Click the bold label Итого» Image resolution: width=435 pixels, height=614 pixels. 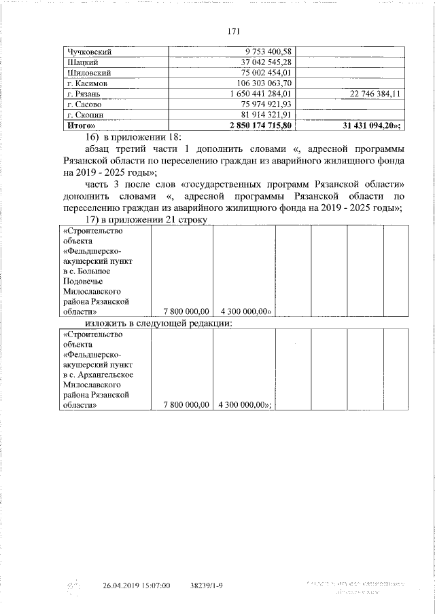coord(80,126)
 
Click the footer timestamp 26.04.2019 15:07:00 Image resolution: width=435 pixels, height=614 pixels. coord(136,586)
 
